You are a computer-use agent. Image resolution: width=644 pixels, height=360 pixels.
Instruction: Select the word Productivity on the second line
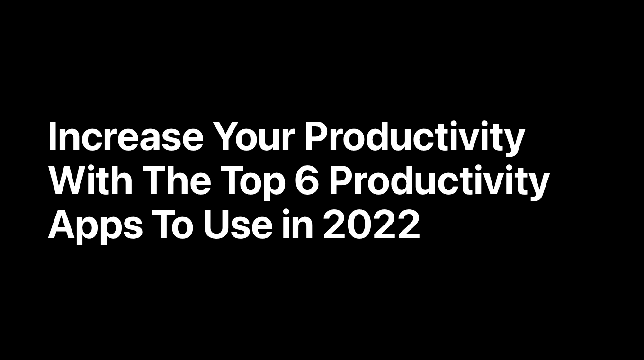[x=439, y=183]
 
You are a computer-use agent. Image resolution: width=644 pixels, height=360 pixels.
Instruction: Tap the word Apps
[x=95, y=227]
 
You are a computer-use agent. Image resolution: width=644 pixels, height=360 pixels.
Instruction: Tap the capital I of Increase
[x=52, y=136]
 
